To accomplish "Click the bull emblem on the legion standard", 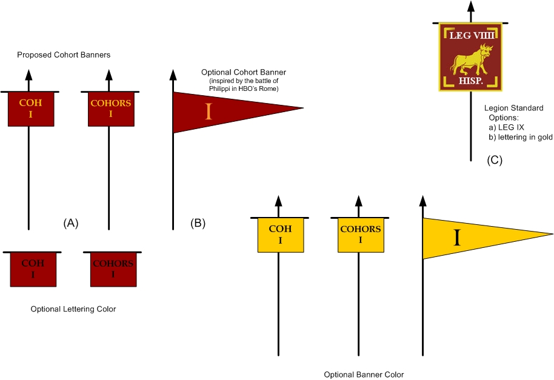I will (x=470, y=60).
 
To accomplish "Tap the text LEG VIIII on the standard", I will (x=470, y=36).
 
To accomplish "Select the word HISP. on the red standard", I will (x=470, y=80).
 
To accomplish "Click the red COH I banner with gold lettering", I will (x=30, y=109).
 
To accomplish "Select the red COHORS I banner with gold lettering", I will (x=111, y=109).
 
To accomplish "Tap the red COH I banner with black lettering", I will (x=33, y=269).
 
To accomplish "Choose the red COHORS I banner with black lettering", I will (x=113, y=269).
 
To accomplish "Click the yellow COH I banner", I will (x=280, y=235).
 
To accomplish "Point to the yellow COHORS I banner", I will (x=361, y=235).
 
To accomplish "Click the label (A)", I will (x=71, y=223).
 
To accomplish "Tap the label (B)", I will (x=198, y=223).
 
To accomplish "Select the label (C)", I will (x=495, y=160).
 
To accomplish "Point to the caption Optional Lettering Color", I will (x=73, y=309).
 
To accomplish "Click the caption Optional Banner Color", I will (x=364, y=375).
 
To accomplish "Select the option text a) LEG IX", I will (x=507, y=127).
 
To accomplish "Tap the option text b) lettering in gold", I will (x=521, y=138).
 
